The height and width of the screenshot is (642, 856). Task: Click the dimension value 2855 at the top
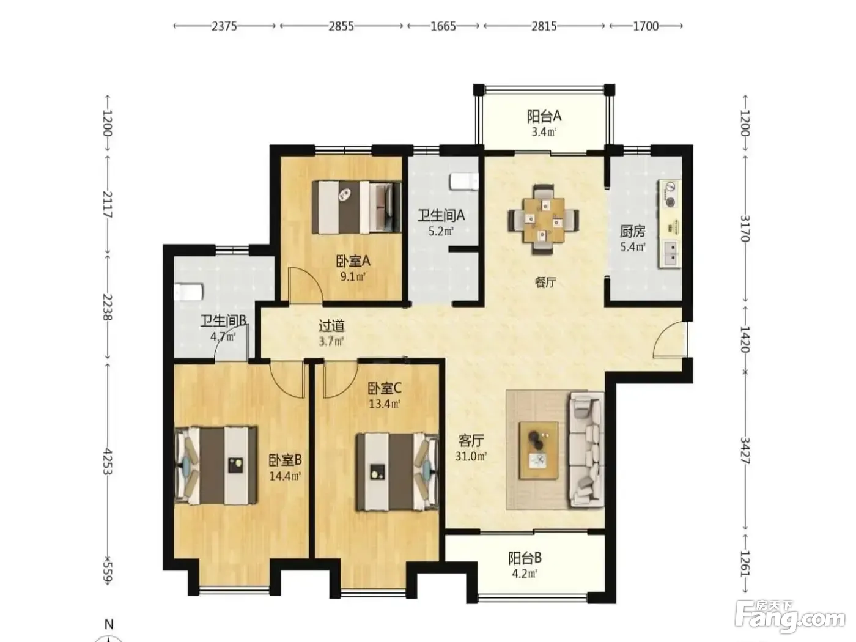(341, 26)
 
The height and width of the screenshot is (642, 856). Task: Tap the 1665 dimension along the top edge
(443, 26)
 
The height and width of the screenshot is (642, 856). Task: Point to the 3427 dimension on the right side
(745, 451)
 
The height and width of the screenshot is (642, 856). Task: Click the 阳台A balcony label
(544, 116)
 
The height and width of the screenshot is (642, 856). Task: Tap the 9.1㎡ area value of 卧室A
(353, 277)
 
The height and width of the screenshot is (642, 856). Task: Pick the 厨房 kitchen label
(633, 232)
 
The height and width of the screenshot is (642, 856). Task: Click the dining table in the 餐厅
(543, 220)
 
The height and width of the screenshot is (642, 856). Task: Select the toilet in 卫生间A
(464, 182)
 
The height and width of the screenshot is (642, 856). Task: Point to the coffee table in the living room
(538, 449)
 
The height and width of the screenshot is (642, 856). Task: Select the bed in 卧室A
(356, 207)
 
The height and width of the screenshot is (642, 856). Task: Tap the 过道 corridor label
(331, 325)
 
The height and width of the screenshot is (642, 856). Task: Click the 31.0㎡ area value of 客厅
(471, 456)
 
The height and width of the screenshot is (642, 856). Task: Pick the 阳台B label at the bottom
(525, 559)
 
